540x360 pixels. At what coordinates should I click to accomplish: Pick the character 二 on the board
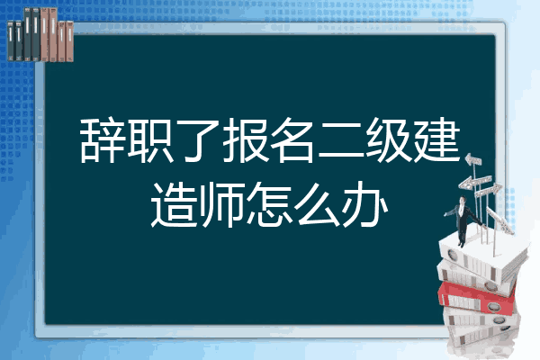(341, 141)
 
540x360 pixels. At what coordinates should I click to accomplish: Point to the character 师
(221, 204)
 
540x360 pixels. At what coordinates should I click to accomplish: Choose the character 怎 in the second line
(269, 204)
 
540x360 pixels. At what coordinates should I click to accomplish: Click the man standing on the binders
(463, 220)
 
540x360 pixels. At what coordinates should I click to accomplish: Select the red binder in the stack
(477, 298)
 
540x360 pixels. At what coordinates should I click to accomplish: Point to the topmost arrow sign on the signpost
(472, 160)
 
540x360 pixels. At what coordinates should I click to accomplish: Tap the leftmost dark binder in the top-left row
(11, 40)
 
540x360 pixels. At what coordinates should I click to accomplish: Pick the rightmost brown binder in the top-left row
(69, 41)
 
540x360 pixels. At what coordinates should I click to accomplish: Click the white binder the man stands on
(482, 255)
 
